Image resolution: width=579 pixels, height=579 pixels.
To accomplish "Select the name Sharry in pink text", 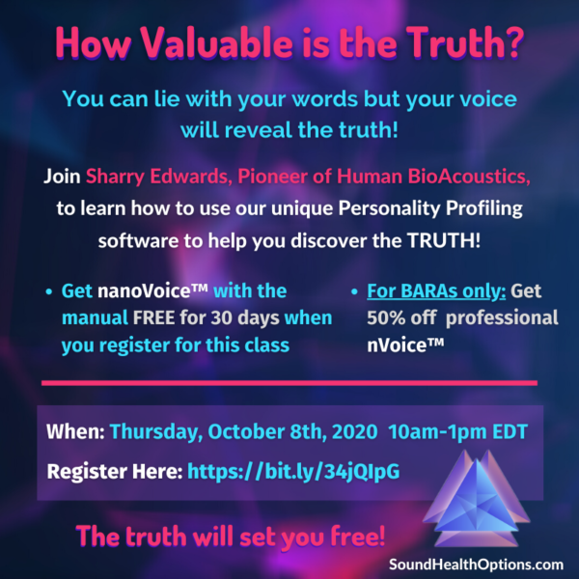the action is [115, 178].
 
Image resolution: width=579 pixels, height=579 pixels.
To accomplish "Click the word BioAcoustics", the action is [469, 177].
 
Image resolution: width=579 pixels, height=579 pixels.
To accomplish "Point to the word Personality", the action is [389, 209].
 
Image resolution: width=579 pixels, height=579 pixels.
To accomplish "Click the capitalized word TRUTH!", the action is [444, 240].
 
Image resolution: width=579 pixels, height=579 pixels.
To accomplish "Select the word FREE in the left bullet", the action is [153, 317].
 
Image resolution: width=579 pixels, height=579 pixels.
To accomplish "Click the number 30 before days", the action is [222, 317].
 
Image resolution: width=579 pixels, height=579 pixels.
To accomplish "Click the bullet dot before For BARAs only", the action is [354, 292].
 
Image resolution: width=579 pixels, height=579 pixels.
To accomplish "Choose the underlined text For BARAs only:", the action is [436, 291].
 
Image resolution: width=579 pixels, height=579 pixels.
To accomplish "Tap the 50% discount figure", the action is [386, 317].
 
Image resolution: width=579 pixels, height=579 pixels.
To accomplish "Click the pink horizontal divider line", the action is [289, 383].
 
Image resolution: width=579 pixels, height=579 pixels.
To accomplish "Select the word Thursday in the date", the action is [156, 432].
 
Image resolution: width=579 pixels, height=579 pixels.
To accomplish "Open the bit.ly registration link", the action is [293, 472].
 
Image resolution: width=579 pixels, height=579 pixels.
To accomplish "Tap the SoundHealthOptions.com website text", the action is [477, 565].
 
